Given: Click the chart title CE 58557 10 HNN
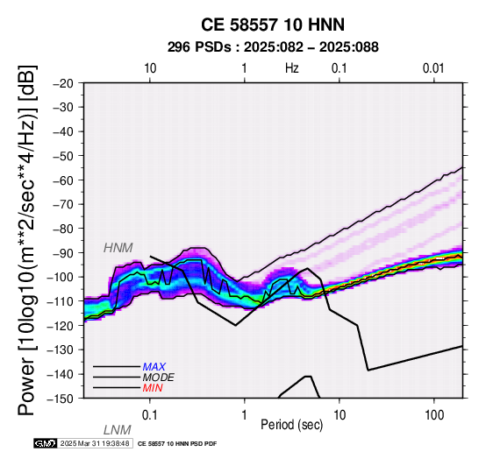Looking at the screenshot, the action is pos(273,25).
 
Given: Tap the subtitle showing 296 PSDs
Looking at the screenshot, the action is pos(273,47).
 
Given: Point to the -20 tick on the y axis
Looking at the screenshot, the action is pos(63,83).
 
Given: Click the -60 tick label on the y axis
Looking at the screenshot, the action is pos(63,180).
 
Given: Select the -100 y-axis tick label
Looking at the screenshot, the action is pos(61,277).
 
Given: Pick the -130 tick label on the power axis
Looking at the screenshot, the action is pos(61,349).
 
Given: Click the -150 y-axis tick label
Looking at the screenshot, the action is pos(61,399).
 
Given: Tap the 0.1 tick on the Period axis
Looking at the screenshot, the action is pos(149,415).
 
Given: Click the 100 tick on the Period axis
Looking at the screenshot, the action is pos(434,415).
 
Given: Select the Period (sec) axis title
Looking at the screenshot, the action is pos(291,425).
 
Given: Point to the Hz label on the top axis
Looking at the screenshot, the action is pos(291,68).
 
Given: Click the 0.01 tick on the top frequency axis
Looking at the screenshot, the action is pos(433,68).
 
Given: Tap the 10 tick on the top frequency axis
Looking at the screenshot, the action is pos(150,68).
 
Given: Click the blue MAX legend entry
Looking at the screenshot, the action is pos(154,367).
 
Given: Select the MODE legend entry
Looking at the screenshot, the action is pos(159,378).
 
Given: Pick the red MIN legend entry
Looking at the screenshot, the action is pos(153,388).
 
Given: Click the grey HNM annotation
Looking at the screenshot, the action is pos(118,248).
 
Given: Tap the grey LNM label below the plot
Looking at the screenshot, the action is pos(118,430).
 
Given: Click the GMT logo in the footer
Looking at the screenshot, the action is pos(46,443).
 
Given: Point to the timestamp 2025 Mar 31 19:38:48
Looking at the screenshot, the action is pos(95,443).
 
